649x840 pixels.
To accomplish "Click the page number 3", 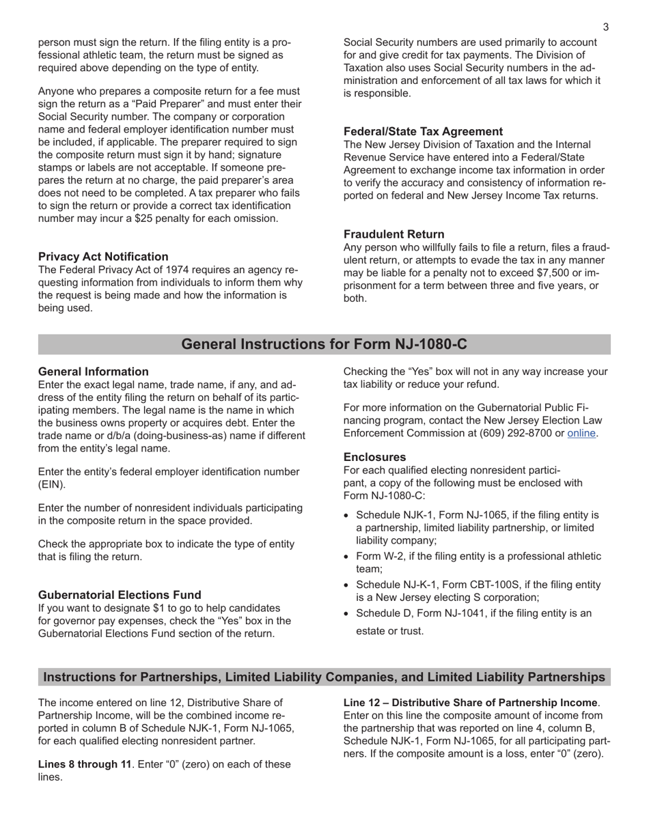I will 605,27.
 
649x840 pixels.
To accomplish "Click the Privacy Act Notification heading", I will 103,257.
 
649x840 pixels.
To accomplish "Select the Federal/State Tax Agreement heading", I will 423,132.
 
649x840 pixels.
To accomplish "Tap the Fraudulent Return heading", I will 393,234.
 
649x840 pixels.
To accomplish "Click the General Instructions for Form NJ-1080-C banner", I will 324,344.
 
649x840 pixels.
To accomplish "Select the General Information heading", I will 93,372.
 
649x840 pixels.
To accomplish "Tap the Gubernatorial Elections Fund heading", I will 120,595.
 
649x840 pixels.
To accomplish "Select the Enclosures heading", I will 374,457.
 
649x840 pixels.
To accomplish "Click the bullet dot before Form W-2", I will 348,557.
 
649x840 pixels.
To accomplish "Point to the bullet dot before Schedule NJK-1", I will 348,516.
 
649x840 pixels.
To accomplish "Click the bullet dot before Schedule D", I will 348,614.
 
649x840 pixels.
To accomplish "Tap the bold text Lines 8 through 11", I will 84,764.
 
